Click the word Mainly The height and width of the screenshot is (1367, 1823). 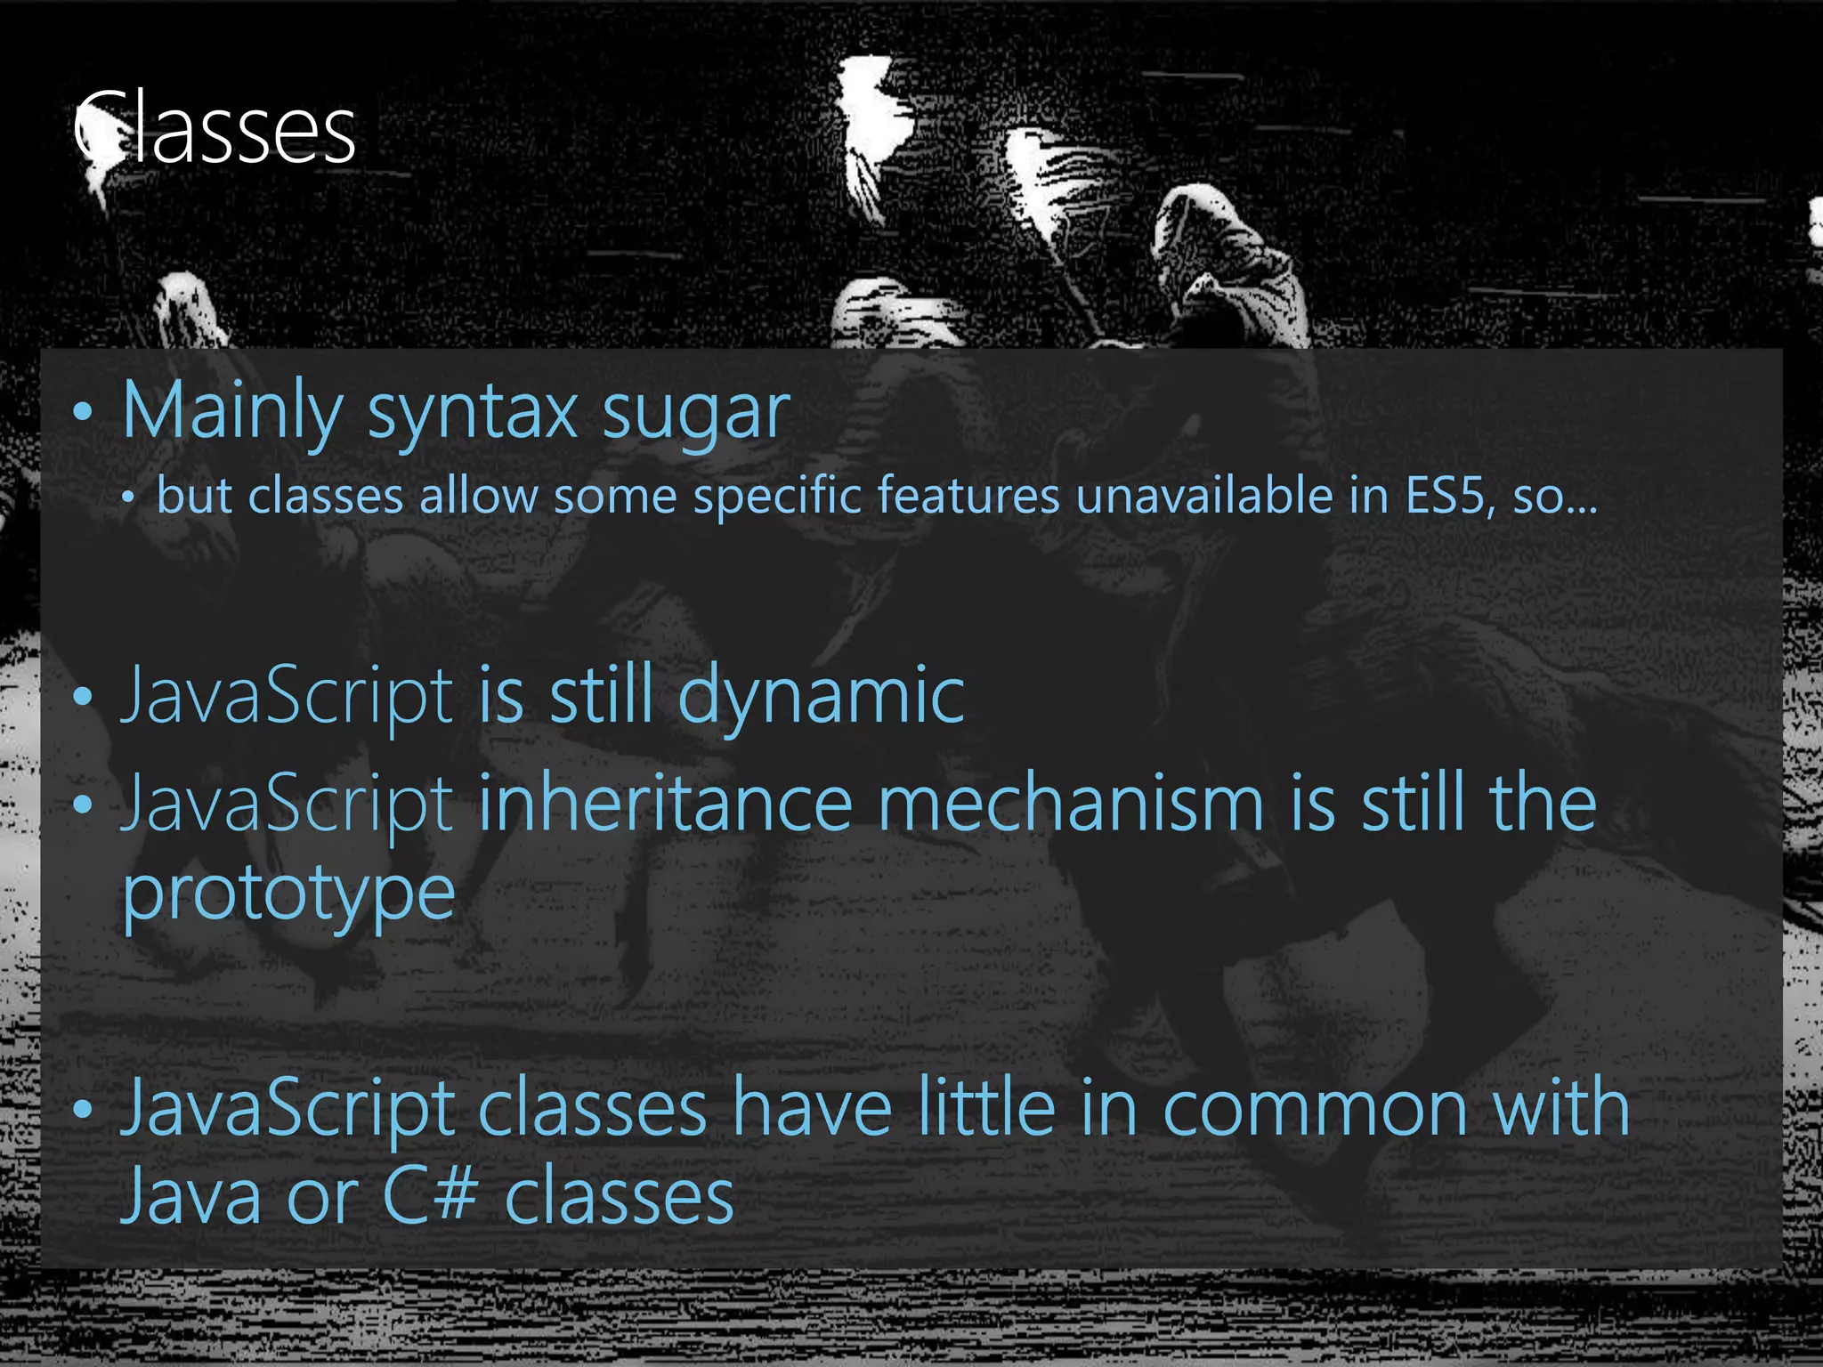pos(231,411)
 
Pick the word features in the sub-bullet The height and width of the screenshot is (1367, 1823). pos(968,495)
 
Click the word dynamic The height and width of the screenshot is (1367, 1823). pos(821,697)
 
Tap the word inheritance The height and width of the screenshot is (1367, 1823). pos(666,804)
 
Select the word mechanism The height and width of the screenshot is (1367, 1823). pos(1071,804)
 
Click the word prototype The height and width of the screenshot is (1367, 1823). pos(288,894)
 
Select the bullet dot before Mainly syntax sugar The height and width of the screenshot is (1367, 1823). pos(83,412)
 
